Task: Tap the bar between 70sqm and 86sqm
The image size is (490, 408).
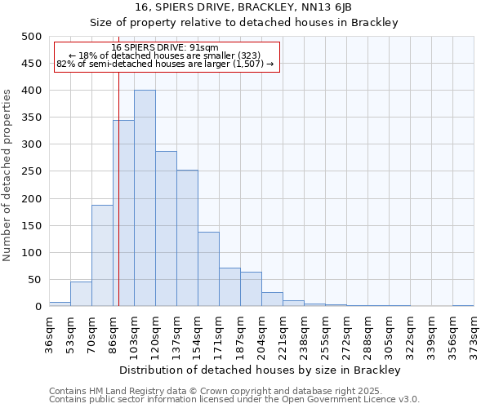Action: (x=102, y=255)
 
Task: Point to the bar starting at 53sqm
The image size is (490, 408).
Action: (x=81, y=295)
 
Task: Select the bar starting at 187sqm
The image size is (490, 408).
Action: (x=251, y=290)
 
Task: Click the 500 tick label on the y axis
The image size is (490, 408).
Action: (x=31, y=37)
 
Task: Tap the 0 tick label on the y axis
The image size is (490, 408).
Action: (x=38, y=307)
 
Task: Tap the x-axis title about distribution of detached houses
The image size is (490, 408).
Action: (x=261, y=370)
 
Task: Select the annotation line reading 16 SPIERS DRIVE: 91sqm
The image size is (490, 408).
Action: (x=165, y=47)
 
